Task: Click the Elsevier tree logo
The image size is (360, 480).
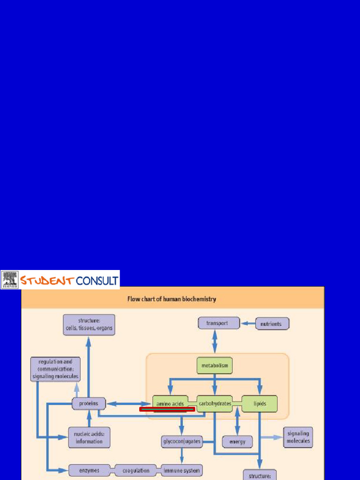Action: (x=9, y=279)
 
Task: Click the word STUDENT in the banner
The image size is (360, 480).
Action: (x=46, y=280)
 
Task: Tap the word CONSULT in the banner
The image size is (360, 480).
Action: (x=97, y=280)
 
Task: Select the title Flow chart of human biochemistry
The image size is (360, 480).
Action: (x=172, y=299)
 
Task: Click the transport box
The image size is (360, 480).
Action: (x=217, y=323)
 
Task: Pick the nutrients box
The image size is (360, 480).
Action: (x=271, y=324)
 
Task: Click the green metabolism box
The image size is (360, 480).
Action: (x=214, y=365)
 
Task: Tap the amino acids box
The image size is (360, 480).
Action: (x=170, y=403)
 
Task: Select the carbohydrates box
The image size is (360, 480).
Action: (x=215, y=403)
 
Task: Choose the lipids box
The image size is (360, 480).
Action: (x=260, y=403)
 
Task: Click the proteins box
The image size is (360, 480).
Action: (x=89, y=403)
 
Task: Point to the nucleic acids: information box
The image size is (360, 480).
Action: (x=89, y=438)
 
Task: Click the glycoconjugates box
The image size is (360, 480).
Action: (x=181, y=441)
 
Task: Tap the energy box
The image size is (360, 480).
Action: (x=237, y=442)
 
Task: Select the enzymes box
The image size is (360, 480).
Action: (x=89, y=470)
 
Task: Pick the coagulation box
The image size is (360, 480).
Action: (x=136, y=470)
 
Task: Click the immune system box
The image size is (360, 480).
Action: (x=181, y=470)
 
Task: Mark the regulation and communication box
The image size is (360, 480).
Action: (x=55, y=369)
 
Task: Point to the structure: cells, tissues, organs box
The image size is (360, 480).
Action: (x=89, y=324)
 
